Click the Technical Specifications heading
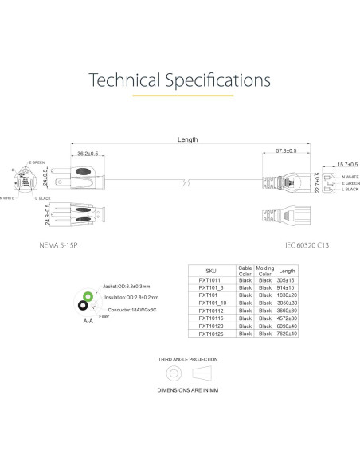point(180,80)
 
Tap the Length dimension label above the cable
point(187,140)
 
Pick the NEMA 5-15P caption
point(67,245)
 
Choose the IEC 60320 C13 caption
point(306,245)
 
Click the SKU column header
point(211,272)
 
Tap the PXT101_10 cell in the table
point(212,303)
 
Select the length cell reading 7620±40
point(287,334)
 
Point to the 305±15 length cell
point(287,280)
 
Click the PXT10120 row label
point(211,326)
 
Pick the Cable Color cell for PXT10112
point(245,311)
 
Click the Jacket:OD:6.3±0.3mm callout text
point(127,286)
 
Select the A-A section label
point(88,322)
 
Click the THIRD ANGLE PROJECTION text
point(188,359)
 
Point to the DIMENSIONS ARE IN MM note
point(188,391)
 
